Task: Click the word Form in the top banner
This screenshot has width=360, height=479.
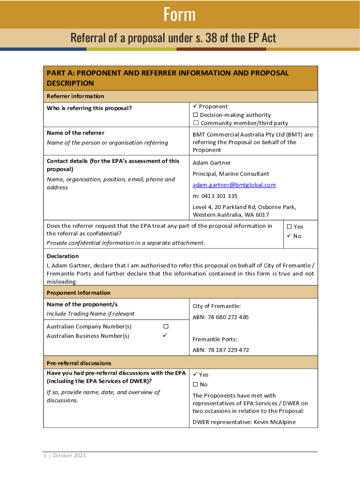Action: (180, 15)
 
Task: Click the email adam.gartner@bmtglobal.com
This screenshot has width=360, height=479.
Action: (234, 185)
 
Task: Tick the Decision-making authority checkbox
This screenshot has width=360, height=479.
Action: (196, 115)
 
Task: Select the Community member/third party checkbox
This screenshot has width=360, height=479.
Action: (196, 123)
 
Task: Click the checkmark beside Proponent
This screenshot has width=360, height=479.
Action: (195, 107)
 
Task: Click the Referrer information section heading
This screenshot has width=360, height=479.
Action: (75, 96)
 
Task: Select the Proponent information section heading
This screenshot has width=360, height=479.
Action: (79, 293)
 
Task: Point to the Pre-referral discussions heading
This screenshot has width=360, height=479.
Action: (79, 363)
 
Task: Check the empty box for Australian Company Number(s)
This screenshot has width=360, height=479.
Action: (165, 326)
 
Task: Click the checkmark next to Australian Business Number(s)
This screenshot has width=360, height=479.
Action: (165, 335)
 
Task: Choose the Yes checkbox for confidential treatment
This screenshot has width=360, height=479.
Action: (288, 227)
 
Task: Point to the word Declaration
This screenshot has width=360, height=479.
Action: (63, 256)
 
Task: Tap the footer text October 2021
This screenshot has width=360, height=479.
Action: (69, 456)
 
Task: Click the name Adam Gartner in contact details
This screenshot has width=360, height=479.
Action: (211, 163)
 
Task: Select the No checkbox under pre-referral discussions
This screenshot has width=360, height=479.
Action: (196, 385)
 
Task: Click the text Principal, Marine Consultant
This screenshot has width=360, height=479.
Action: (230, 174)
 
